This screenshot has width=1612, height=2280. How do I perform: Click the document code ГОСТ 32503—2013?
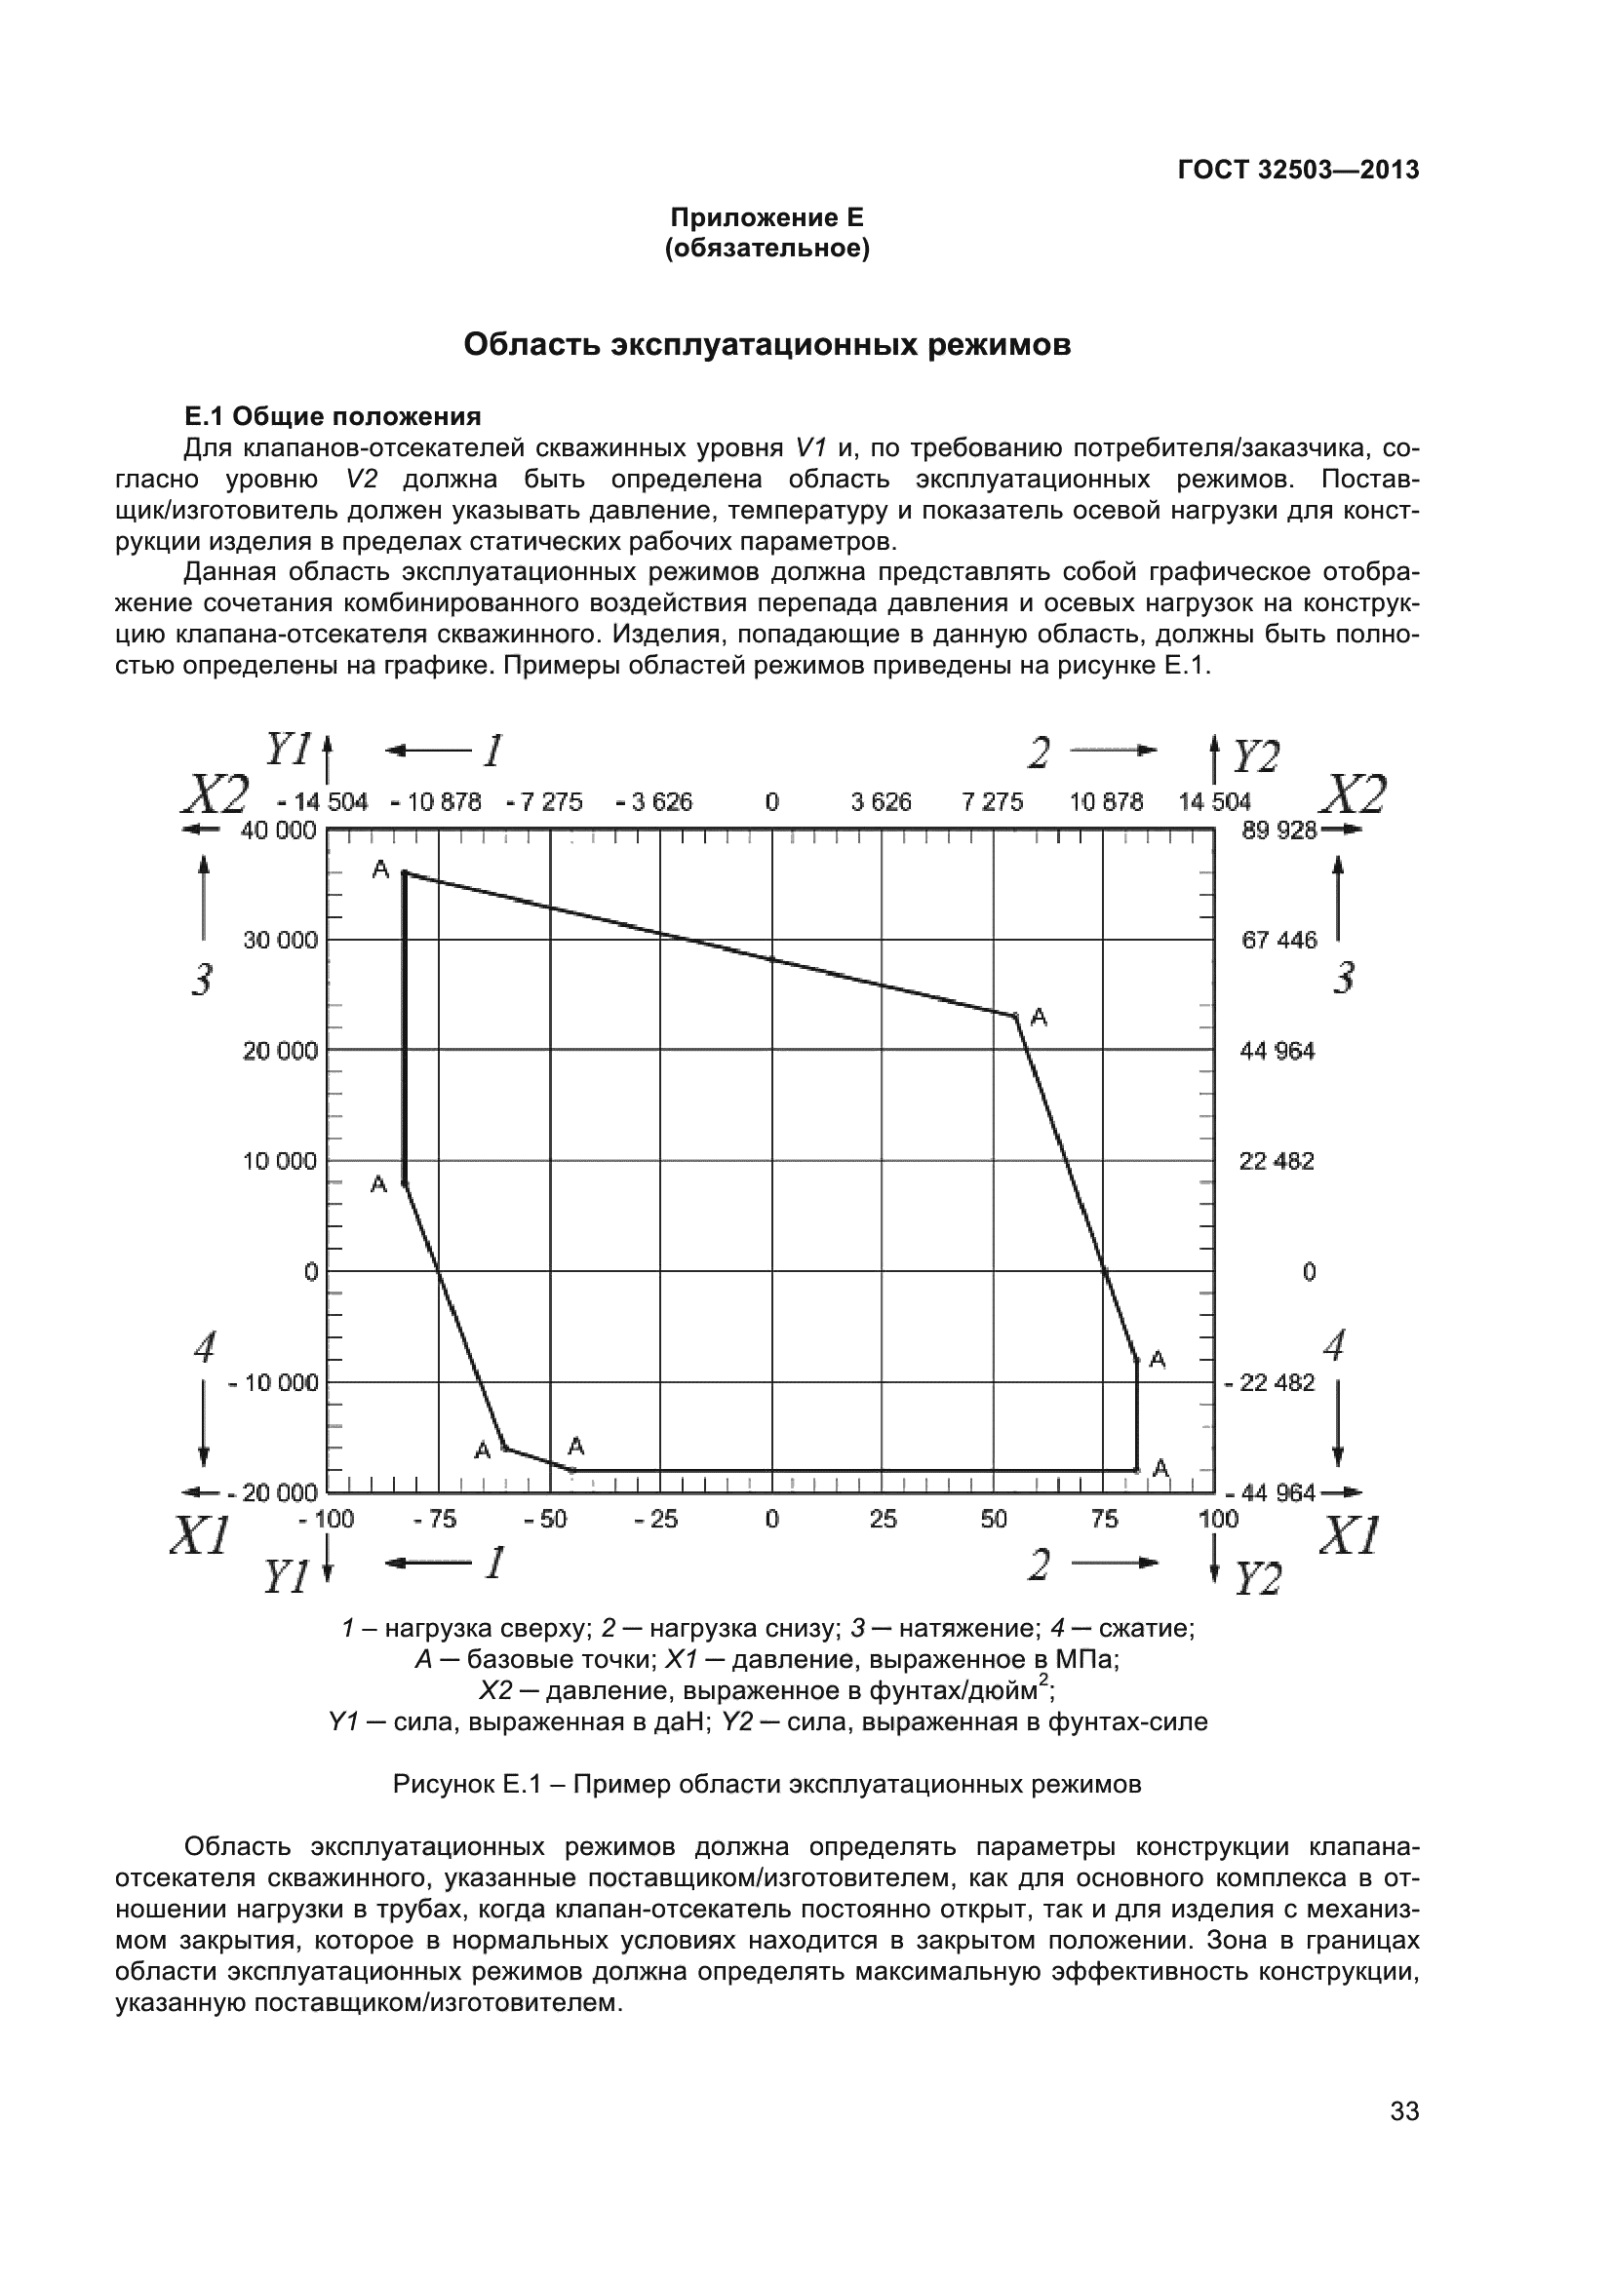point(1297,170)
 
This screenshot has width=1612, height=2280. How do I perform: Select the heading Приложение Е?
point(767,216)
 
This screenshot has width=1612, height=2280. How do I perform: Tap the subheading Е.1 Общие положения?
point(333,416)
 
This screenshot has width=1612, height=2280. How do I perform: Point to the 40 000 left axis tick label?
point(278,831)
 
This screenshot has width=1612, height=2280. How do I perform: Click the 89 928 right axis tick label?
point(1278,831)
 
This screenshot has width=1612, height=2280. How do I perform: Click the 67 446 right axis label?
point(1278,940)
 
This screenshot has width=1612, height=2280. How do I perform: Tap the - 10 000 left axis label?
point(273,1382)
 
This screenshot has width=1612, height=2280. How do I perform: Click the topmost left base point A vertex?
point(405,872)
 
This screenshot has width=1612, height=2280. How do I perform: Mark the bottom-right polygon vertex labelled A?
point(1137,1469)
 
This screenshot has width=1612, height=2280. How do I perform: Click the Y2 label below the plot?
point(1257,1578)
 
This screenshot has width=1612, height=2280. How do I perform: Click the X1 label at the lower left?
point(200,1536)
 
